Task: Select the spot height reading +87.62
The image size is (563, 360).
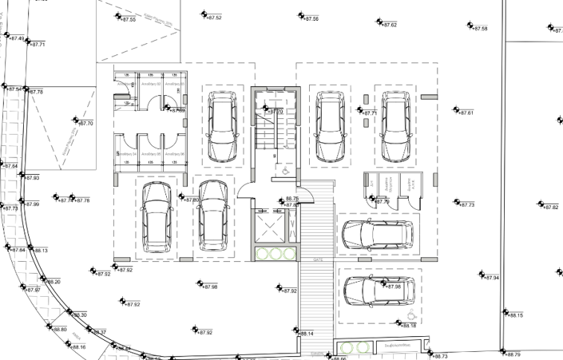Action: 389,26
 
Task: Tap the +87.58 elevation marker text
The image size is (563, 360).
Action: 479,29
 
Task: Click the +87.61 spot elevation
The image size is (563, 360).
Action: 466,113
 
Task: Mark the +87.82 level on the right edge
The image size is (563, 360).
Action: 550,208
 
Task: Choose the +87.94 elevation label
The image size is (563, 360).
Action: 490,278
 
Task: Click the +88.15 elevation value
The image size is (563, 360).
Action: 514,315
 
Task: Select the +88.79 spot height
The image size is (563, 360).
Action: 512,354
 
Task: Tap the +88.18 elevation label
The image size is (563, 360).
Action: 408,326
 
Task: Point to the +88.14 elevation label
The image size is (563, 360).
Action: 306,334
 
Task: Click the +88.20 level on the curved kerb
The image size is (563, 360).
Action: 54,282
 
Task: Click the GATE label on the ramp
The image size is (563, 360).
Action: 318,260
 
